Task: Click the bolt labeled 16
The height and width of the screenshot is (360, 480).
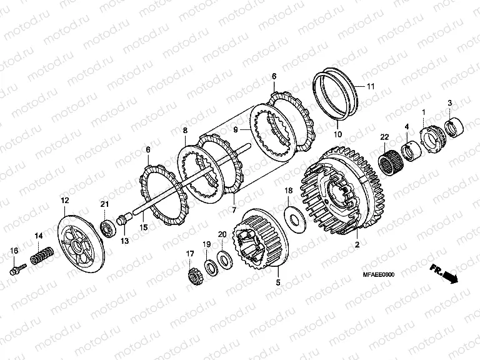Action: (17, 269)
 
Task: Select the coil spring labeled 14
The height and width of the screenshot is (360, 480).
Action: (42, 255)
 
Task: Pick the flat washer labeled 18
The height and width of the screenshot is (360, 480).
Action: (296, 219)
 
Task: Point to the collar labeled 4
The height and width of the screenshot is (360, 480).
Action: (411, 151)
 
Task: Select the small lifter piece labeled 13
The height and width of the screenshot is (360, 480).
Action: (124, 220)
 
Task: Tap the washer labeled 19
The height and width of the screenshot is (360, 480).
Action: (211, 266)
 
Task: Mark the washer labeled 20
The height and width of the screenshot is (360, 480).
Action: (225, 258)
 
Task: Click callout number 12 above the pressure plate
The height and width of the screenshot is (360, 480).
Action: (65, 201)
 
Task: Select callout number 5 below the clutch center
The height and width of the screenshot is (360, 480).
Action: (277, 282)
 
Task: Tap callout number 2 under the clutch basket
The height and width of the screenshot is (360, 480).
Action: (357, 244)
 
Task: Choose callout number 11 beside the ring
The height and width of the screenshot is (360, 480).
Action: (371, 87)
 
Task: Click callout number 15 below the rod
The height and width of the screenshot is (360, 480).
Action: (144, 227)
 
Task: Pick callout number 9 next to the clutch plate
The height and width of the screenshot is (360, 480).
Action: (236, 130)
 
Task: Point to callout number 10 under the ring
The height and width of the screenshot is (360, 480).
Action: (337, 134)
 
